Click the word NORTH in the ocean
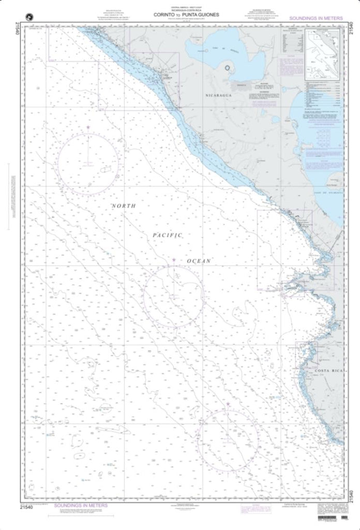click(124, 206)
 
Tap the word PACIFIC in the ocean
click(168, 235)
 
